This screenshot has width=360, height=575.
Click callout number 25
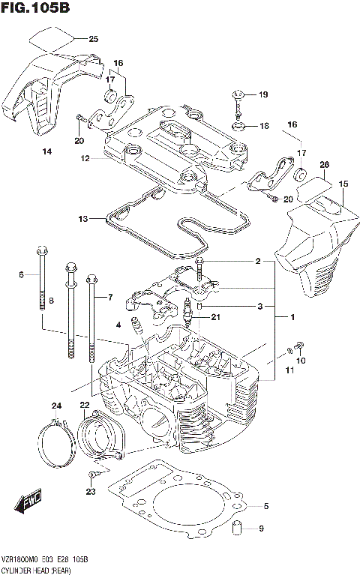[x=93, y=39]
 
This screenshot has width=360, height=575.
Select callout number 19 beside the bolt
[x=262, y=95]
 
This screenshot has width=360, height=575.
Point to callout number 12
[x=85, y=158]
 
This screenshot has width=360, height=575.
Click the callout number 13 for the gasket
[x=82, y=219]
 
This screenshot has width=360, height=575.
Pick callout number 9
[x=261, y=529]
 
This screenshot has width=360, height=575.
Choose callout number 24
[x=55, y=406]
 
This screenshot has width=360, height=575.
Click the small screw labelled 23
[x=91, y=475]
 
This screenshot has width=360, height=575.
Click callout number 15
[x=344, y=184]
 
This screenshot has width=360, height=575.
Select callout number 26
[x=324, y=164]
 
